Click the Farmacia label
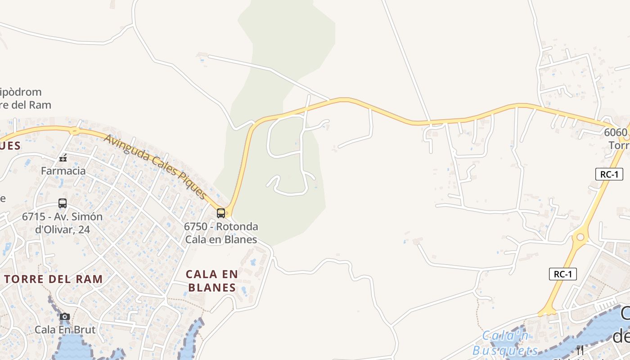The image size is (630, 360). coord(63,171)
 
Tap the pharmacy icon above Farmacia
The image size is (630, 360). coord(63,158)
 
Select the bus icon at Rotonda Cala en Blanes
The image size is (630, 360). coord(221,213)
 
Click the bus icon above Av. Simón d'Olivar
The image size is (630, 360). coord(63,203)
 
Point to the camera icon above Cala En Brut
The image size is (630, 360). coord(65,317)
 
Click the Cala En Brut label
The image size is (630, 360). coord(65,329)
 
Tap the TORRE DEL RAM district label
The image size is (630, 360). coord(54,279)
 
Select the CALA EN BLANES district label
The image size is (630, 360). coord(212,281)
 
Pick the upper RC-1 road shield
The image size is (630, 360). coord(609,174)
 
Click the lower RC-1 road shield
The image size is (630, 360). coord(562,274)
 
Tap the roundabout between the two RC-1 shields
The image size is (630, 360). coord(580,237)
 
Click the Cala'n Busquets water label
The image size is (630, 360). coord(505,343)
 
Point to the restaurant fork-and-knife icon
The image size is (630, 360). coord(580,350)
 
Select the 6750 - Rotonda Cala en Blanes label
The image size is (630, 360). coord(221,233)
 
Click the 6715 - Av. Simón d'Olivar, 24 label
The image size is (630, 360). coord(62,223)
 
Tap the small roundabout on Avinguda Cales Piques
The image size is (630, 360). coord(75,131)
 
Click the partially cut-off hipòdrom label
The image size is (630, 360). coord(25,99)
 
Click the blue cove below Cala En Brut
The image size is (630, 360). coord(72,349)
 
